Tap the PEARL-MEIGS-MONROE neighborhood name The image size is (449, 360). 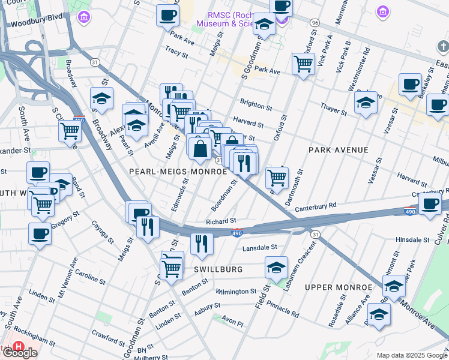coord(178,172)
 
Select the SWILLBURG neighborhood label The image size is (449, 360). coord(218,269)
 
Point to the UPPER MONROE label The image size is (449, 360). coord(335,287)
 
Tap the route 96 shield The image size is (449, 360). coord(315,22)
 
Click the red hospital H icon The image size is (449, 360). coord(19,347)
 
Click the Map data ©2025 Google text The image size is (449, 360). coord(411,355)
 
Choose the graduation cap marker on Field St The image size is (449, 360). coord(276,267)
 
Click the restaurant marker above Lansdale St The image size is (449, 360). coord(202,243)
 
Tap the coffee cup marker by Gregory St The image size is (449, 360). coord(40,233)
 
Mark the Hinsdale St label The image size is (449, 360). coord(412,239)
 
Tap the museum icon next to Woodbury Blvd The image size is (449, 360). coord(85,16)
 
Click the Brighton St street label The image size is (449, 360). coord(256,105)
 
